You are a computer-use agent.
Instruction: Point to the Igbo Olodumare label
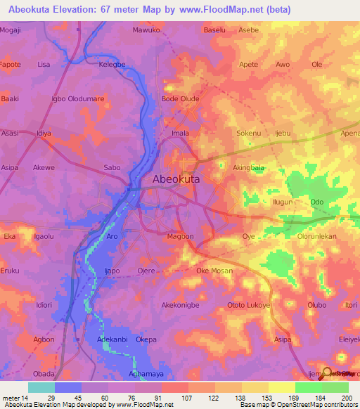coord(72,98)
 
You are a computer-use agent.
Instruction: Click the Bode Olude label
coord(181,98)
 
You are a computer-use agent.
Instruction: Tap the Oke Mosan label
coord(214,271)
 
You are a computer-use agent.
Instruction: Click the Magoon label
coord(180,237)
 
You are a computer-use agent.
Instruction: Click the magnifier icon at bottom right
coord(326,373)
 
